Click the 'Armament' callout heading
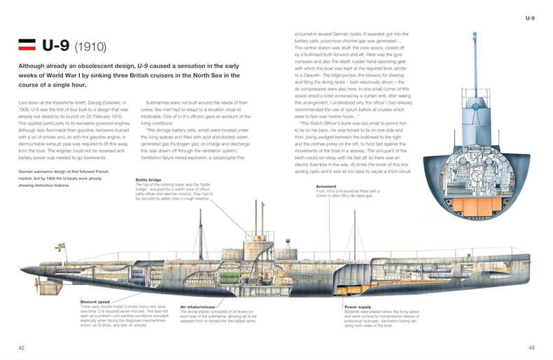[327, 186]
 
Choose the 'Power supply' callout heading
[359, 306]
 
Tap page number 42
[22, 347]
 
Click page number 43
[530, 347]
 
